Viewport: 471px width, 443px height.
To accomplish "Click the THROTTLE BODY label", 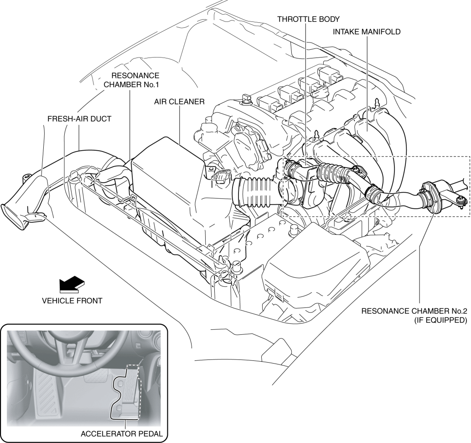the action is point(308,19).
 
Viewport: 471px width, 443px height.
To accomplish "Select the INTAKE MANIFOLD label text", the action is point(367,32).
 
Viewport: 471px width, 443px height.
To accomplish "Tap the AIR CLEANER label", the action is point(179,101).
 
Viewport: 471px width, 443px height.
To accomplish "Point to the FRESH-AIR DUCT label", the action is point(79,119).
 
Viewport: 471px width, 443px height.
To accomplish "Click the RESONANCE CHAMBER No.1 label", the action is point(131,80).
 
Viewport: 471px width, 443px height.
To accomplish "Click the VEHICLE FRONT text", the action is point(72,301).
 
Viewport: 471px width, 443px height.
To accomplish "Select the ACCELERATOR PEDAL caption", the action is point(122,434).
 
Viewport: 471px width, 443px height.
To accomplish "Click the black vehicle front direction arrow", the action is point(72,284).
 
